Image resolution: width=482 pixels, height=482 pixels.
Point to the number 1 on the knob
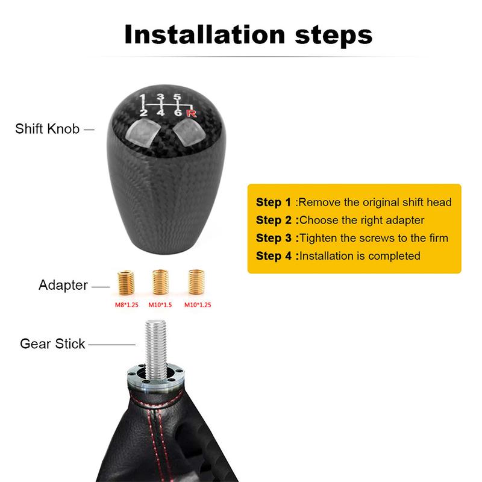coord(142,97)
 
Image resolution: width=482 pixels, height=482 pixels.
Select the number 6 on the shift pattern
coord(178,113)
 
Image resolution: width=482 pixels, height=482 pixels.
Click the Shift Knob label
coord(47,129)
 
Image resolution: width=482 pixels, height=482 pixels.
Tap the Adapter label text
coord(63,284)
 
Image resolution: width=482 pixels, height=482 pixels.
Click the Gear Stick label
coord(52,344)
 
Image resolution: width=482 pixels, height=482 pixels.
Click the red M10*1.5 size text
coord(160,305)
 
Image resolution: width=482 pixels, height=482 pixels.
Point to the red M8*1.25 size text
coord(127,305)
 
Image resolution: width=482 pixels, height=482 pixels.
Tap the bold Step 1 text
coord(274,202)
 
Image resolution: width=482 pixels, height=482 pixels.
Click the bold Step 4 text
coord(274,255)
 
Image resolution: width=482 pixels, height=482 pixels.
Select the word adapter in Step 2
coord(402,221)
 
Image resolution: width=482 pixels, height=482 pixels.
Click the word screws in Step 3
coord(368,237)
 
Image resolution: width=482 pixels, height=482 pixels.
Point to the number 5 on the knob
coord(177,97)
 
